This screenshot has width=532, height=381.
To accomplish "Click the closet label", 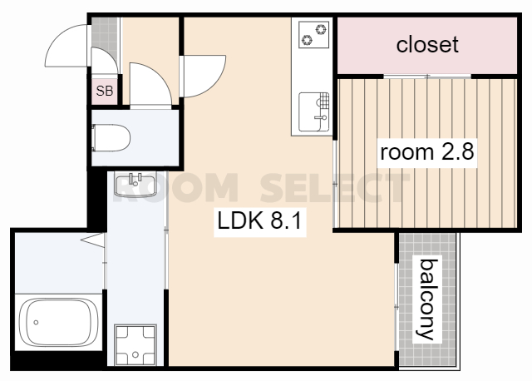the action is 427,45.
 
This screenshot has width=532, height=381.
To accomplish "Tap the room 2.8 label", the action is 427,152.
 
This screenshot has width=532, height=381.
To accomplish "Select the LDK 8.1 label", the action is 259,221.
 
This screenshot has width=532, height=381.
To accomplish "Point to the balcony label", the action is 427,299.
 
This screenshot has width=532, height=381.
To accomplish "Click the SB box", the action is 105,91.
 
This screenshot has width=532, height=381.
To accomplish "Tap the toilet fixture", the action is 111,138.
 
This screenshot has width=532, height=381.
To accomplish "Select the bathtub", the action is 58,322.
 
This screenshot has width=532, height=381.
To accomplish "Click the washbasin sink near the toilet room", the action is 135,185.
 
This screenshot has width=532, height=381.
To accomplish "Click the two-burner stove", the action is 314,34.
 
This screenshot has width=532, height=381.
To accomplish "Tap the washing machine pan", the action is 135,344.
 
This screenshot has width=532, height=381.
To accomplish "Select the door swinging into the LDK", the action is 203,76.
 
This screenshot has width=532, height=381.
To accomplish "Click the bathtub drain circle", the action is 36,322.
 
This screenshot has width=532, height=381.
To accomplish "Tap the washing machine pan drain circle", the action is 135,355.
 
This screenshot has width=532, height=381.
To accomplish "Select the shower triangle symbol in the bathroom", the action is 92,240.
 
